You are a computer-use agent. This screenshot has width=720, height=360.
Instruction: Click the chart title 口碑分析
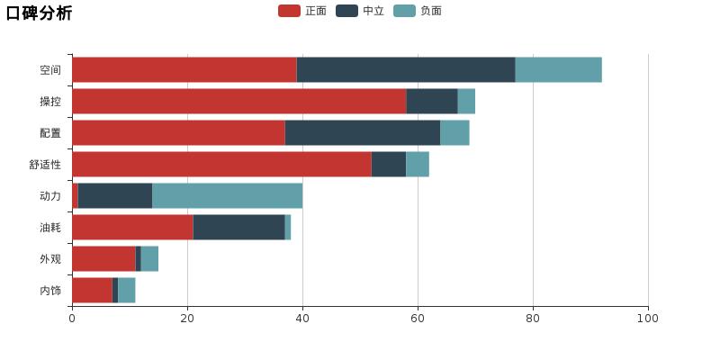point(39,13)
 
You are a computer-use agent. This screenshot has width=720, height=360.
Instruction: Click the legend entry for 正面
point(302,11)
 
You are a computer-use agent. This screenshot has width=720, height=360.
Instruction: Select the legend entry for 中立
point(360,11)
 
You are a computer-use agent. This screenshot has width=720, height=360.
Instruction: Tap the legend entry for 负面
point(418,11)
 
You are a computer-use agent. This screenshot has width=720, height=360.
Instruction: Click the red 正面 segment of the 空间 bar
point(184,70)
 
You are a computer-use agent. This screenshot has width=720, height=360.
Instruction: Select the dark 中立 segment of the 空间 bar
point(406,70)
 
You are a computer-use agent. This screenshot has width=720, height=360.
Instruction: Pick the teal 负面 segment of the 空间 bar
point(558,70)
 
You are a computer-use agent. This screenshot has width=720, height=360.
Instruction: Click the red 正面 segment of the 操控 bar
point(238,102)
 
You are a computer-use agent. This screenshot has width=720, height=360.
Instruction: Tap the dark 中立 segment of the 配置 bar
point(363,133)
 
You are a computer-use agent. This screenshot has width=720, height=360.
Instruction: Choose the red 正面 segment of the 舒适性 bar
point(221,165)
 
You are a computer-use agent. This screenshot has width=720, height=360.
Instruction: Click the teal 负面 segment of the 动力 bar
point(227,196)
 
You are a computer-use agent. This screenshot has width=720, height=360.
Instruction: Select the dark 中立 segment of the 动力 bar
point(115,196)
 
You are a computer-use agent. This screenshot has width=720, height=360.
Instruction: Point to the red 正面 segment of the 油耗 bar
point(132,228)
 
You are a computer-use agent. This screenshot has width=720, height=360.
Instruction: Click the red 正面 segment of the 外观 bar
point(103,259)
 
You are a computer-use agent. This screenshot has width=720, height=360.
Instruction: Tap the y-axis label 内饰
point(50,291)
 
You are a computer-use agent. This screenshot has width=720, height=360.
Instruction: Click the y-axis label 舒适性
point(45,165)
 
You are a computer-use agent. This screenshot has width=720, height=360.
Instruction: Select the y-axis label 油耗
point(50,228)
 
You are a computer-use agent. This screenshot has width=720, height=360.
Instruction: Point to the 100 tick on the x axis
point(648,318)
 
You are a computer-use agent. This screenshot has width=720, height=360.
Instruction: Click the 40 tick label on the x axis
point(302,318)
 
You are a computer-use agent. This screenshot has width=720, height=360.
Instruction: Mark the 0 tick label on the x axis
point(72,318)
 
